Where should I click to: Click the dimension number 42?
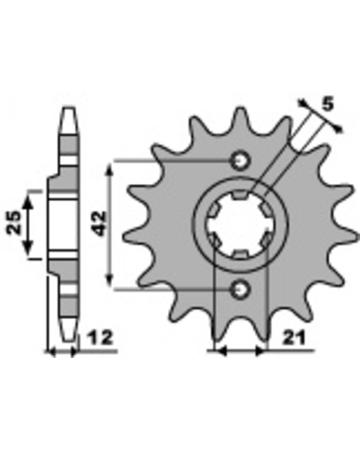click(x=99, y=224)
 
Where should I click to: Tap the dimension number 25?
click(x=14, y=223)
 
